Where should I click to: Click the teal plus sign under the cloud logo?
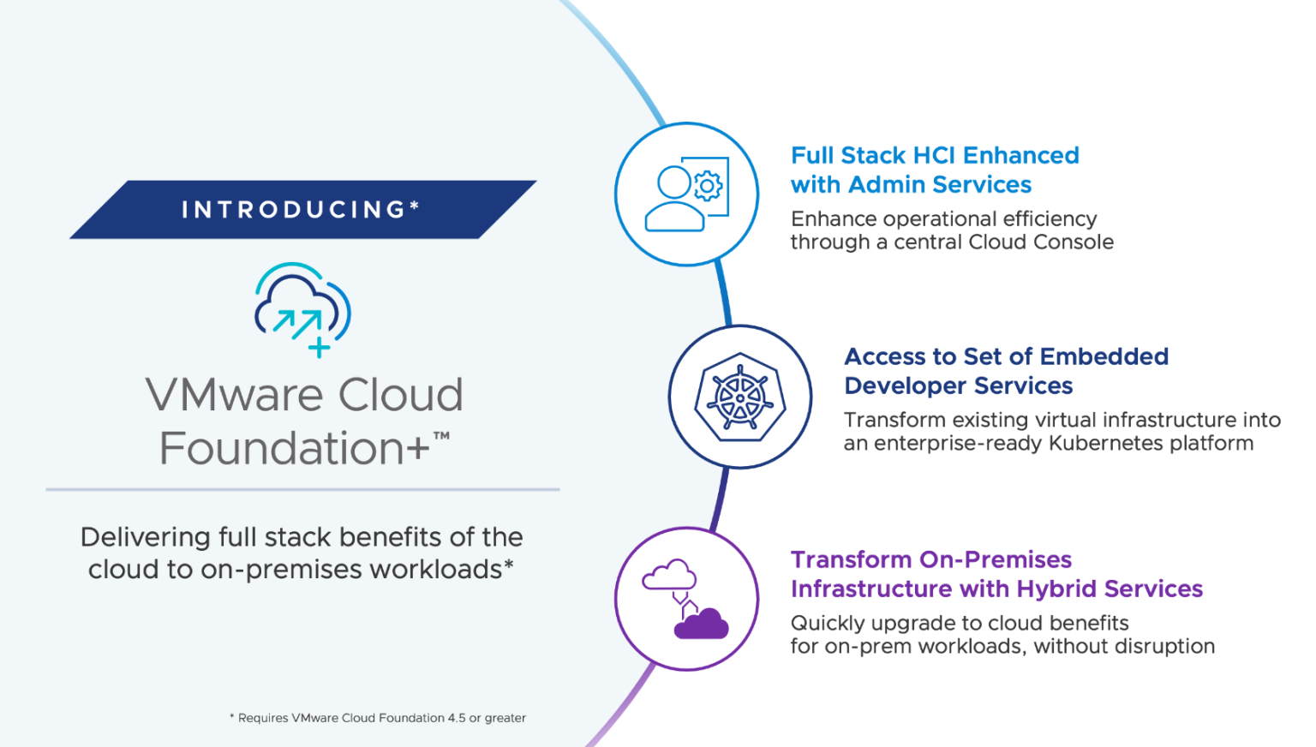coord(319,347)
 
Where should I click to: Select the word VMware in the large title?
coord(233,396)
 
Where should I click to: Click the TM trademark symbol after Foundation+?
coord(441,436)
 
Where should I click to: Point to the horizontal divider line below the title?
coord(302,489)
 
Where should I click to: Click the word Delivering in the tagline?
coord(145,537)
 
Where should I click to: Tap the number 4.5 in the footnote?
coord(456,718)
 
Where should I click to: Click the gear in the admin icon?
coord(708,185)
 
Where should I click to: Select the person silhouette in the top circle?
coord(674,200)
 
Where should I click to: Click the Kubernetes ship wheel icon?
coord(740,397)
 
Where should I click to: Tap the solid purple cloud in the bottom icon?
coord(701,624)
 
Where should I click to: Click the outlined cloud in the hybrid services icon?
coord(669,575)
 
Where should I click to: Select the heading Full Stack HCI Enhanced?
coord(935,155)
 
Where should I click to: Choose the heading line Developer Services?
coord(958,386)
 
